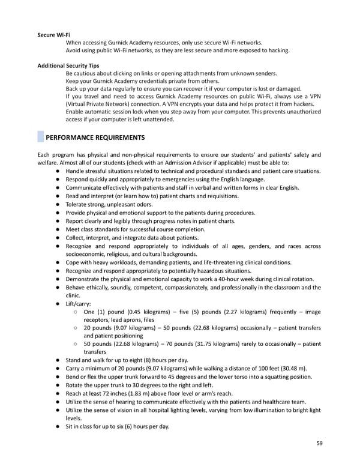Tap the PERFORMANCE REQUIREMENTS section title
pos(95,138)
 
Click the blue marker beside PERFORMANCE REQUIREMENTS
pos(40,138)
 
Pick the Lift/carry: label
pos(79,304)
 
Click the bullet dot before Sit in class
pos(56,426)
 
